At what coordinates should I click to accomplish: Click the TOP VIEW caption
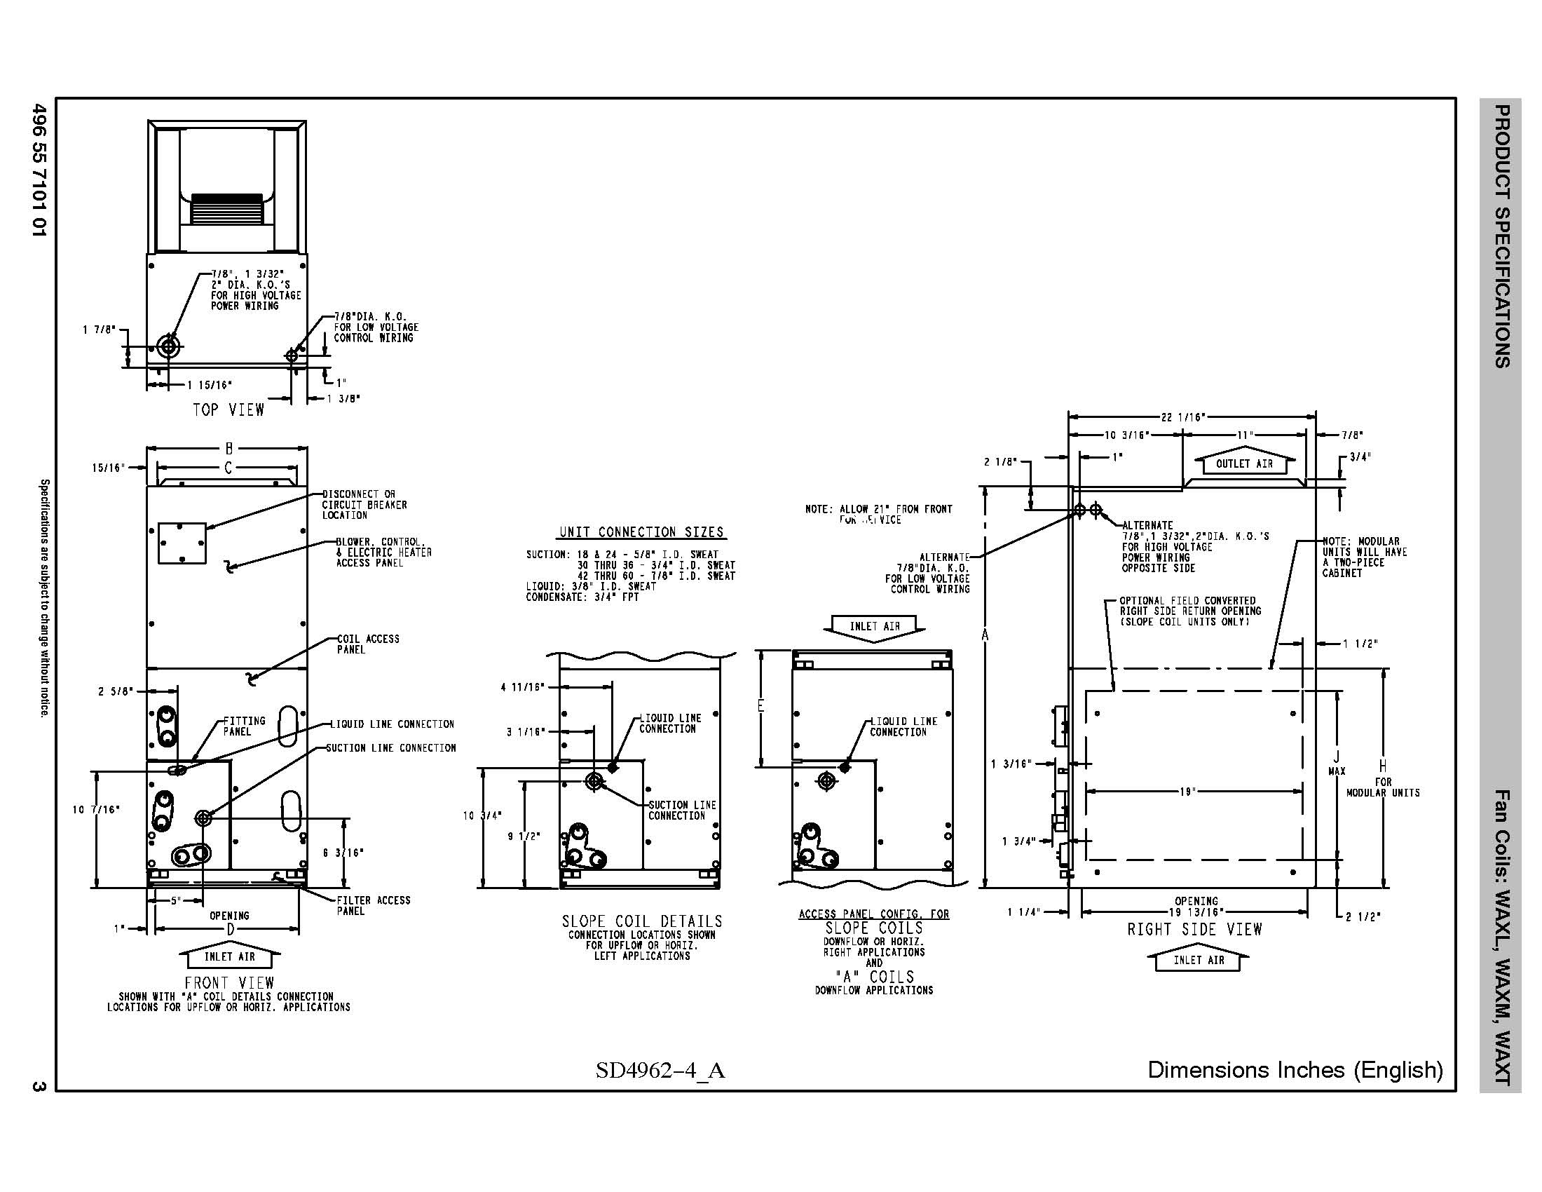[x=228, y=409]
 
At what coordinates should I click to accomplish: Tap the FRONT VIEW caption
[x=228, y=982]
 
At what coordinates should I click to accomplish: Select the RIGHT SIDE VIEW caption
[x=1194, y=929]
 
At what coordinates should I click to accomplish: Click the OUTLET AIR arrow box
[x=1244, y=464]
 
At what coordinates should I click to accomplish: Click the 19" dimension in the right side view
[x=1187, y=792]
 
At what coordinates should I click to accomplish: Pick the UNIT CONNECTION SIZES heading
[x=641, y=531]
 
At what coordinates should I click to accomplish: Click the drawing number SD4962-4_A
[x=660, y=1071]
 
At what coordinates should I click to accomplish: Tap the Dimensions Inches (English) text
[x=1295, y=1070]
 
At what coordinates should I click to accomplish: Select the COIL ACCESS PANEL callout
[x=367, y=644]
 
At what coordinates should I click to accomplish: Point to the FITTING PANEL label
[x=244, y=726]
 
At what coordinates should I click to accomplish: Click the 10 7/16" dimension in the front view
[x=96, y=809]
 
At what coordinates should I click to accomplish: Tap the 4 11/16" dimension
[x=522, y=686]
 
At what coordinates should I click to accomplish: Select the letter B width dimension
[x=228, y=448]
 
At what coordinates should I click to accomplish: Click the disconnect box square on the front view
[x=182, y=543]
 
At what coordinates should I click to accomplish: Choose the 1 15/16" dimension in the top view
[x=209, y=385]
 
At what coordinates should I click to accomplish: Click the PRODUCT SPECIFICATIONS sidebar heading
[x=1501, y=236]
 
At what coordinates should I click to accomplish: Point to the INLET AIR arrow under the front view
[x=229, y=957]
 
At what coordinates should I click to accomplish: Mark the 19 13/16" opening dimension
[x=1196, y=912]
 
